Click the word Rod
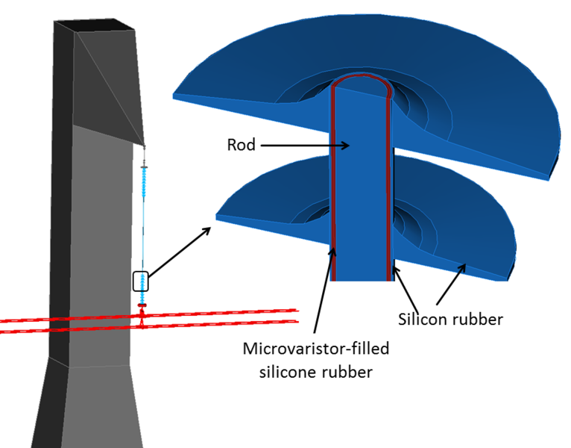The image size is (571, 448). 241,145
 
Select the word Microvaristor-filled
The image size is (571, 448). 316,348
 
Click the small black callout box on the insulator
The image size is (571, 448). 141,281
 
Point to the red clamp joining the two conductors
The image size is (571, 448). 142,318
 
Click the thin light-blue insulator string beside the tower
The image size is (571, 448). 143,217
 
